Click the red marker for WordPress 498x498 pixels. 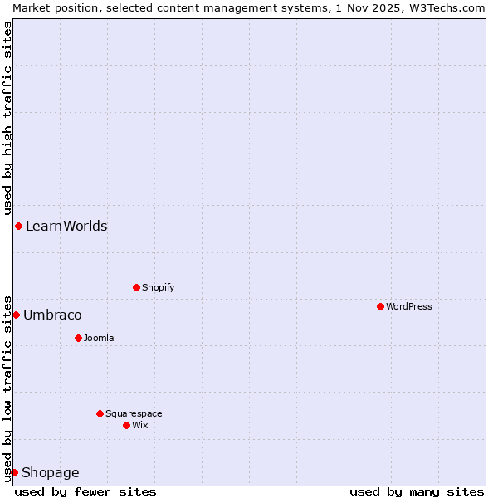(380, 306)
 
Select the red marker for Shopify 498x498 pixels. (136, 287)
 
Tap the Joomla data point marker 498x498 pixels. (78, 338)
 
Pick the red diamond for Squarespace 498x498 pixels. (100, 413)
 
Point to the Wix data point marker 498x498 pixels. (126, 425)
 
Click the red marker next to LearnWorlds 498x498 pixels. (18, 226)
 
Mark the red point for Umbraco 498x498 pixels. (16, 315)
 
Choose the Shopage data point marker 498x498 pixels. (14, 472)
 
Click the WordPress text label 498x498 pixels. (409, 306)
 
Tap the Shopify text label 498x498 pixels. (158, 287)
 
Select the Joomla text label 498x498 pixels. (99, 338)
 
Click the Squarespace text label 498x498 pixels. (134, 413)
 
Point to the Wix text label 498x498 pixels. (140, 425)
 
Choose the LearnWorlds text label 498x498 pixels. (66, 226)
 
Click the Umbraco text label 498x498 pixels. (52, 315)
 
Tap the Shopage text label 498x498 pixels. (51, 472)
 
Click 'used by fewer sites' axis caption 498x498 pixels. (85, 491)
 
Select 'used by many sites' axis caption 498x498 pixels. (417, 491)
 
